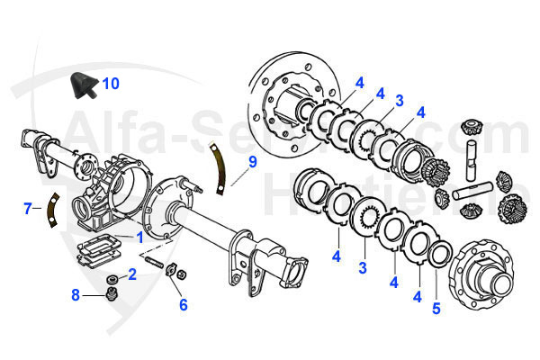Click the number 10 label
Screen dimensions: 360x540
[x=110, y=84]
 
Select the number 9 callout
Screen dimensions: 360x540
[x=253, y=162]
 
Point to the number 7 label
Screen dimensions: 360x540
[x=28, y=209]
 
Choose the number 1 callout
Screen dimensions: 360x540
[x=139, y=238]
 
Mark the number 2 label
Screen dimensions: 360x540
[x=131, y=274]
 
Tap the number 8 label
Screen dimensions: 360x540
[x=76, y=293]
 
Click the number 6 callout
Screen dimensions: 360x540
[x=183, y=304]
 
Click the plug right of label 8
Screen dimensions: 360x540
[x=112, y=295]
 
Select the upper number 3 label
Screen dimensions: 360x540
[x=398, y=101]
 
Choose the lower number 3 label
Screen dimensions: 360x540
[x=363, y=268]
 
